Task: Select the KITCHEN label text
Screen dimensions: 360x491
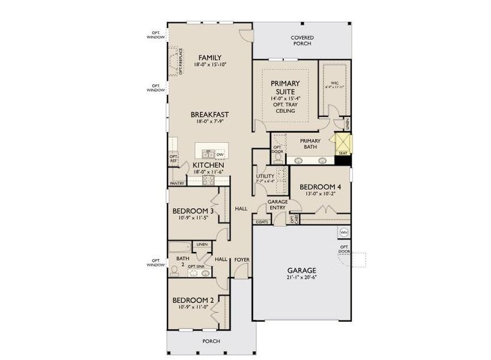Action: [x=208, y=164]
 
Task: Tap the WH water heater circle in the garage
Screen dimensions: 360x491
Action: [x=344, y=232]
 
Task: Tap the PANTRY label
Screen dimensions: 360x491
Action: [x=176, y=183]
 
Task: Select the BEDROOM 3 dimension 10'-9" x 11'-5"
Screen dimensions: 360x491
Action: [x=193, y=218]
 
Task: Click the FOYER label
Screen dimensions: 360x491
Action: [x=242, y=260]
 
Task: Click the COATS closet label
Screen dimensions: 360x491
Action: [x=262, y=221]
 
